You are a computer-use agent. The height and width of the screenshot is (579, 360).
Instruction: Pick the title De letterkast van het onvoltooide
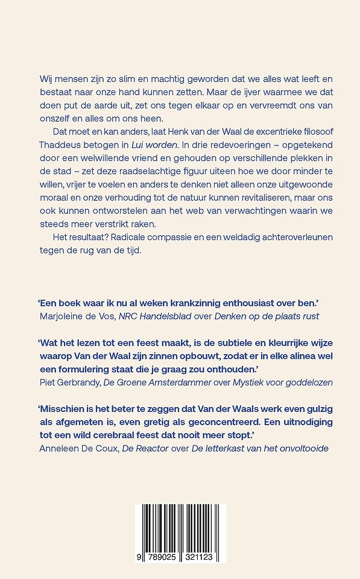(x=262, y=448)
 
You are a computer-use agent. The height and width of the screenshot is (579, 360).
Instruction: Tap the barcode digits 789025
(x=160, y=558)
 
